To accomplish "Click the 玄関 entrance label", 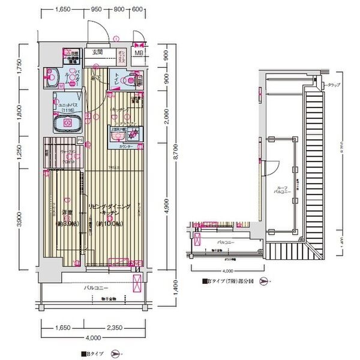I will coord(98,53).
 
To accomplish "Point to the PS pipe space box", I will coord(80,140).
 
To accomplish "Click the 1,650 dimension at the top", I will coord(63,10).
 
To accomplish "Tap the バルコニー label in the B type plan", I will coord(91,289).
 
